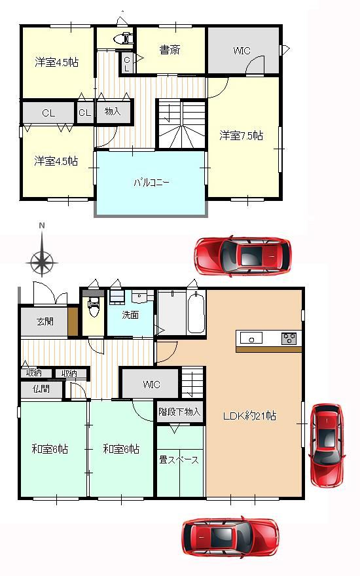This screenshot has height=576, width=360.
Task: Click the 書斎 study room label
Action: [170, 50]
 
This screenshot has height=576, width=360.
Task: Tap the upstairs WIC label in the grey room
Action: [242, 50]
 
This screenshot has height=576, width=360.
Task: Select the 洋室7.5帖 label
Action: [242, 135]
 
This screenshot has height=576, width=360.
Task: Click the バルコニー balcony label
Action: [151, 182]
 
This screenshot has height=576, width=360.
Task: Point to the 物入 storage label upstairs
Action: [113, 111]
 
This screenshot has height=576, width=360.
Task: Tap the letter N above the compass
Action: [43, 226]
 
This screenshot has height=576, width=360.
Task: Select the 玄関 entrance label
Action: [45, 322]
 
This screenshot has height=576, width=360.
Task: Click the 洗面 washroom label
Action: [130, 315]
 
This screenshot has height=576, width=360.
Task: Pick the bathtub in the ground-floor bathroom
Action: [196, 312]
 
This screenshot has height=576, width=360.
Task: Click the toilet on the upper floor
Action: [124, 38]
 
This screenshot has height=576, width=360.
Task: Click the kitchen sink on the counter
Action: [251, 338]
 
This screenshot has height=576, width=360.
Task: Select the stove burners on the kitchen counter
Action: [289, 338]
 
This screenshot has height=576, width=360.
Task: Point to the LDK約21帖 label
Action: [250, 416]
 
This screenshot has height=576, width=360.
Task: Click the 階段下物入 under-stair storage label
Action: [179, 412]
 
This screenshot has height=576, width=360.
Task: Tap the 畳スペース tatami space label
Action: [179, 459]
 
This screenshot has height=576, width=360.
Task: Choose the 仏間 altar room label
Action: [41, 389]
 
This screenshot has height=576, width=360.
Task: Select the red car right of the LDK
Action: [327, 445]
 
